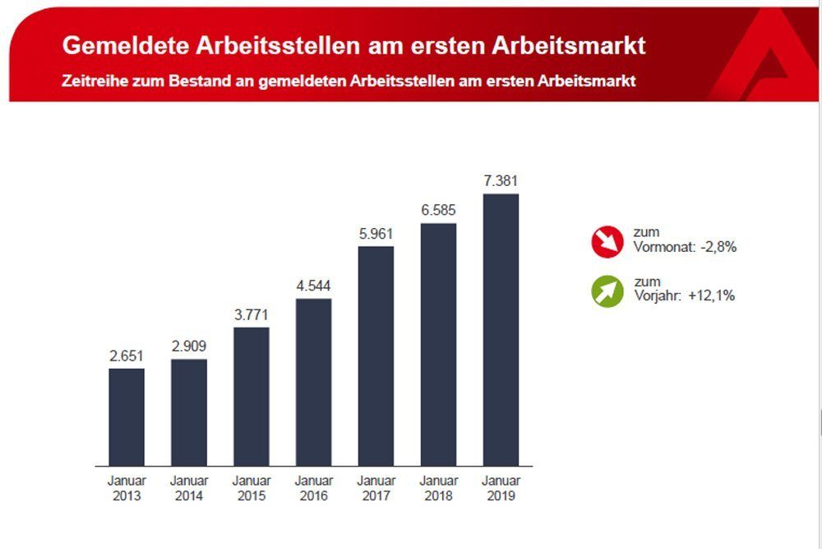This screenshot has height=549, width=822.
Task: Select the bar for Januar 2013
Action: click(127, 417)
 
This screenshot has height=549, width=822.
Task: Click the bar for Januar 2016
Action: click(313, 383)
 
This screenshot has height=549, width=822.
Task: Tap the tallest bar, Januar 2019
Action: click(501, 330)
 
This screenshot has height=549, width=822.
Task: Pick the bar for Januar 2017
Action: click(376, 356)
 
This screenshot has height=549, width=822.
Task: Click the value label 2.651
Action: click(127, 356)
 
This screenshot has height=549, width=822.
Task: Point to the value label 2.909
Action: click(189, 347)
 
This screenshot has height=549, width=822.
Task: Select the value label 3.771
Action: click(252, 314)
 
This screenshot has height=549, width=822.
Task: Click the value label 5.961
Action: click(376, 233)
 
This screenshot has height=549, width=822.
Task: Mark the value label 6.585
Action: click(438, 210)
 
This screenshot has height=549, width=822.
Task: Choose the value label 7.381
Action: click(501, 181)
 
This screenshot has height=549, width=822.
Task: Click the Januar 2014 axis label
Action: click(189, 488)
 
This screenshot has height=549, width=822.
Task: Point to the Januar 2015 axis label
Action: click(252, 488)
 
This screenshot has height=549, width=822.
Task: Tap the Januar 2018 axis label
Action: click(438, 488)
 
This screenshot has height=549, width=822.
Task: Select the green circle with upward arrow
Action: click(609, 291)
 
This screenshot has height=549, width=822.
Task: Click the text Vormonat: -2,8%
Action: click(684, 247)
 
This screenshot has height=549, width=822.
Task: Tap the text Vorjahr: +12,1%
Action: click(684, 295)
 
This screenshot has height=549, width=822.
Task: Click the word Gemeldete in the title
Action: click(124, 45)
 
